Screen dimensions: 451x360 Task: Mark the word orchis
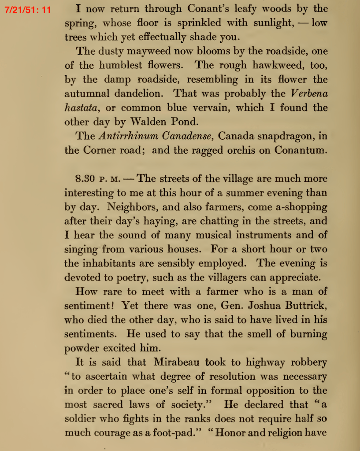[x=234, y=150]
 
